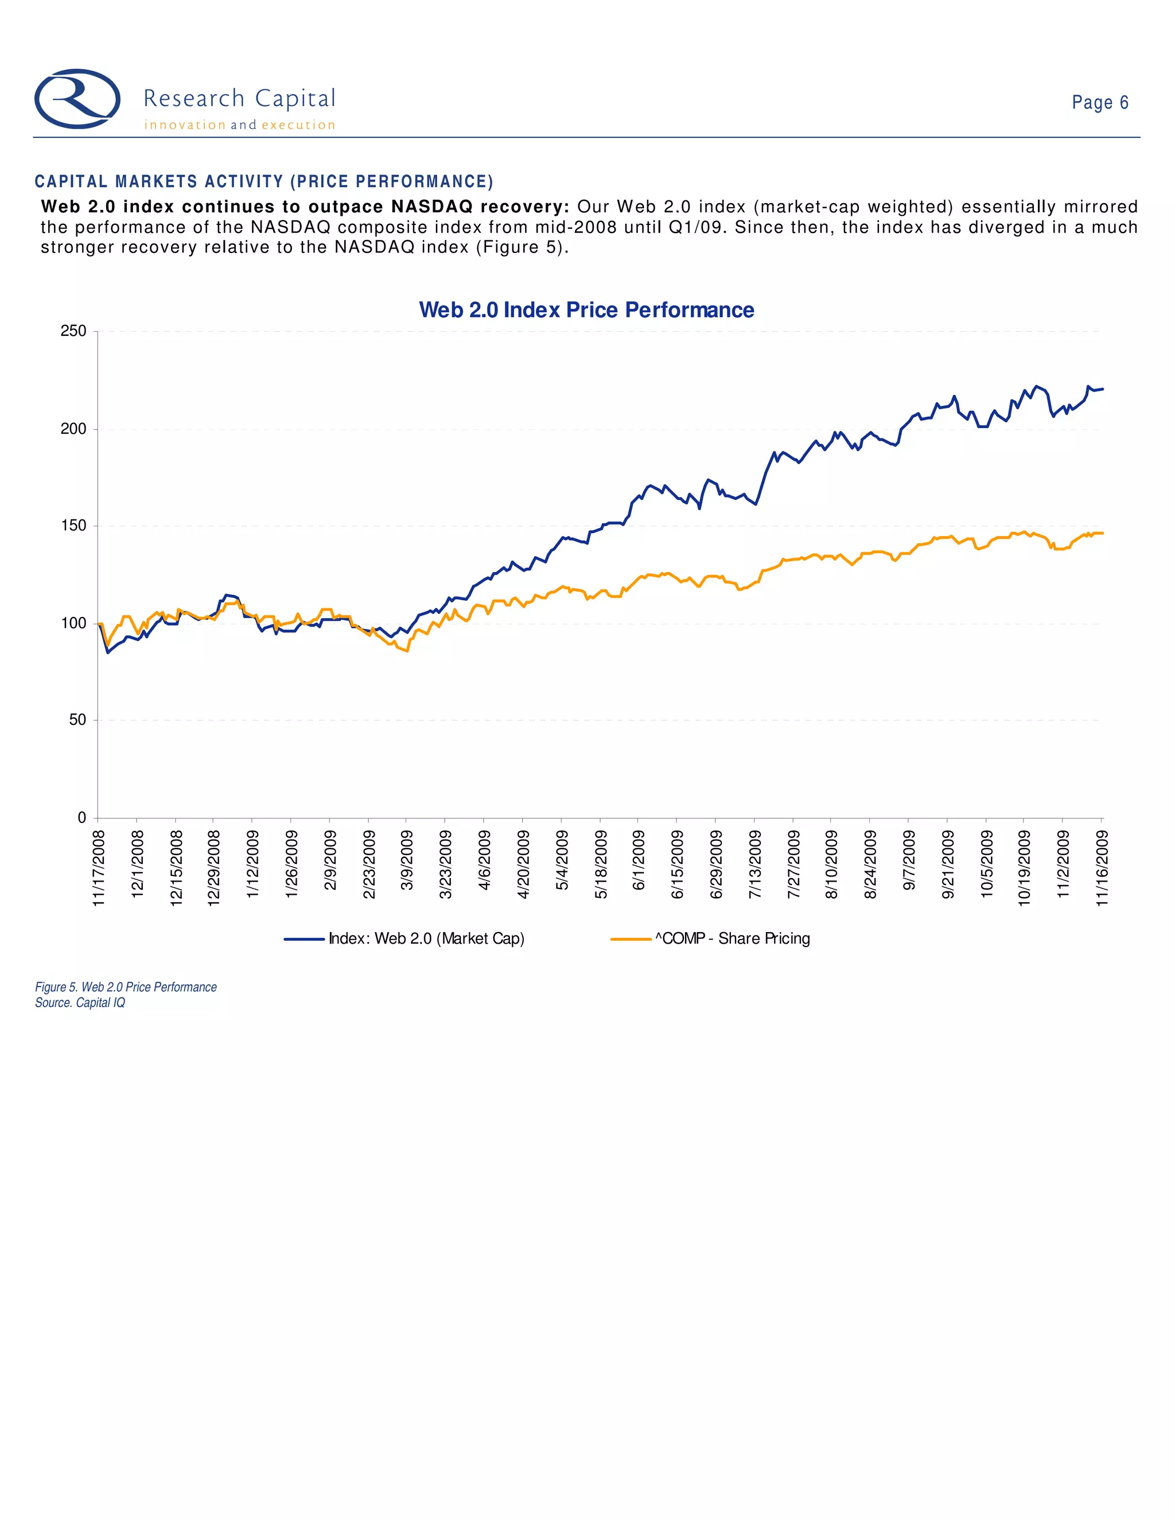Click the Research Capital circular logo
click(x=77, y=99)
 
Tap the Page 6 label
click(x=1099, y=102)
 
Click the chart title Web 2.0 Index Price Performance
click(x=586, y=310)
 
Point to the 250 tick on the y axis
click(x=74, y=332)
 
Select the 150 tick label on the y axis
click(x=74, y=526)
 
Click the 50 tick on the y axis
click(x=77, y=720)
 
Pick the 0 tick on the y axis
click(x=81, y=817)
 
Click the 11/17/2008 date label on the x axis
click(x=99, y=867)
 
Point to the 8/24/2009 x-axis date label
click(x=870, y=864)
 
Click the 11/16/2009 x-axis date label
click(x=1101, y=867)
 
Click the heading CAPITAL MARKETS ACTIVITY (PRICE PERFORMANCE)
click(x=264, y=182)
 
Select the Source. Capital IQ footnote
click(x=80, y=1003)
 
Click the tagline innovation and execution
click(x=239, y=125)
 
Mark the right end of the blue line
click(x=1103, y=389)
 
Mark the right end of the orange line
click(x=1103, y=533)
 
